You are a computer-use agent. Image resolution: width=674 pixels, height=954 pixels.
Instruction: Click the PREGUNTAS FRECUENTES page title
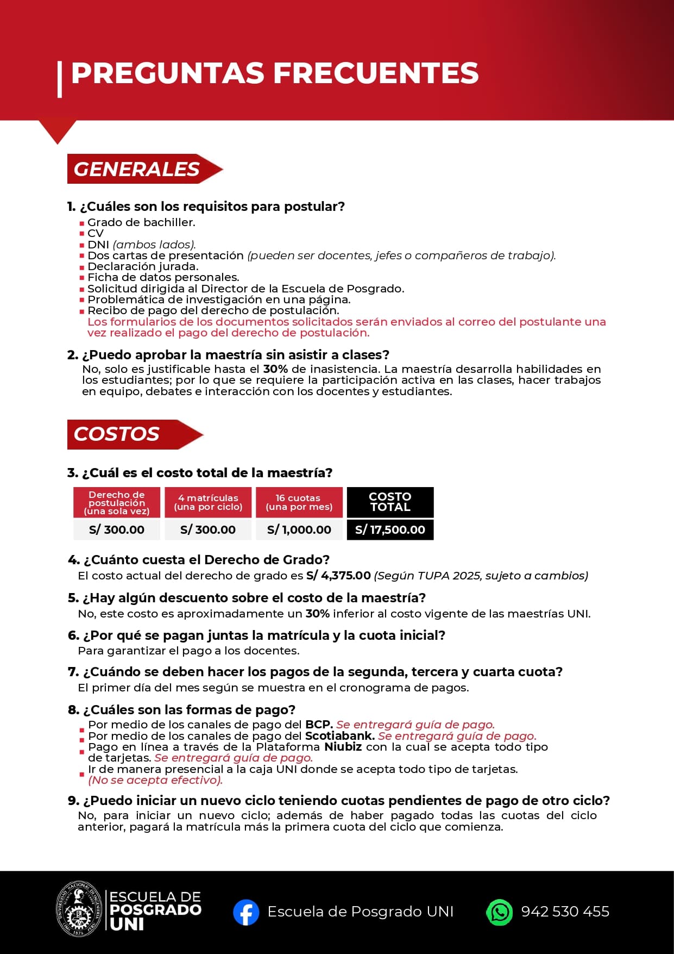pyautogui.click(x=274, y=73)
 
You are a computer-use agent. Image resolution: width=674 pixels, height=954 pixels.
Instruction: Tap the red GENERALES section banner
pyautogui.click(x=137, y=169)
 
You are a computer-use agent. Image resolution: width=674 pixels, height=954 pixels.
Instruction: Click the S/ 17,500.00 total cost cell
pyautogui.click(x=390, y=529)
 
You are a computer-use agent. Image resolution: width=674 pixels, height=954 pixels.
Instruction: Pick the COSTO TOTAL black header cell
pyautogui.click(x=390, y=502)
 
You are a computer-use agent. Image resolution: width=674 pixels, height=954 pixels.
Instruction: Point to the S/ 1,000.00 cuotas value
pyautogui.click(x=299, y=529)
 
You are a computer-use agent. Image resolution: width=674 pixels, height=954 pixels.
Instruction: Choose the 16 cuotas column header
pyautogui.click(x=299, y=502)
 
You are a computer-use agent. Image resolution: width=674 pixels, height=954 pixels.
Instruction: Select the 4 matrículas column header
pyautogui.click(x=208, y=502)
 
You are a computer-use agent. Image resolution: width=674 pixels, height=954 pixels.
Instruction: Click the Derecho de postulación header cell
pyautogui.click(x=117, y=502)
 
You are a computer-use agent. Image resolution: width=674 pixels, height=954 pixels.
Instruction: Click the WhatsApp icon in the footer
pyautogui.click(x=499, y=912)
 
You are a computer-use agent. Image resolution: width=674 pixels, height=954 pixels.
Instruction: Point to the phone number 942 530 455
pyautogui.click(x=565, y=912)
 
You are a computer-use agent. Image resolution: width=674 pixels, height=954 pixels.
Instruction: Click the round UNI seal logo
pyautogui.click(x=80, y=909)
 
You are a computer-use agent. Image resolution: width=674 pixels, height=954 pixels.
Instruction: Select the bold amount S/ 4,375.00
pyautogui.click(x=338, y=576)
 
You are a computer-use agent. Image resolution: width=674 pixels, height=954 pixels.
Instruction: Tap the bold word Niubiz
pyautogui.click(x=343, y=747)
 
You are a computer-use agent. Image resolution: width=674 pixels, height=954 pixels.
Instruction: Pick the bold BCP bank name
pyautogui.click(x=319, y=725)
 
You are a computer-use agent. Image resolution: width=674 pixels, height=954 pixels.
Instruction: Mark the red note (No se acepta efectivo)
pyautogui.click(x=155, y=780)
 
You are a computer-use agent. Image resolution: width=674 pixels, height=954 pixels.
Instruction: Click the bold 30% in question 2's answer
pyautogui.click(x=275, y=369)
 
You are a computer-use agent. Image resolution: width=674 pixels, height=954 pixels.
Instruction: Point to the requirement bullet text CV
pyautogui.click(x=96, y=233)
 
